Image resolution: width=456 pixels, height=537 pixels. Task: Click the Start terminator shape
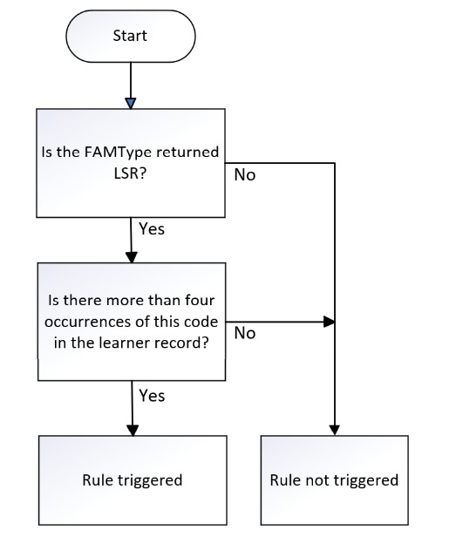131,36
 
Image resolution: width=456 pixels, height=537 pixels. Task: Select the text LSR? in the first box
130,173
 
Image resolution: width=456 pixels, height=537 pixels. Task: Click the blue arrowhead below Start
131,104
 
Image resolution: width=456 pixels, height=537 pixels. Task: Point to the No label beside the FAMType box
245,175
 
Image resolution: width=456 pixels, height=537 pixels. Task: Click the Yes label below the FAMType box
152,228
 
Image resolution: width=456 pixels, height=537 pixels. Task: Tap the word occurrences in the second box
87,322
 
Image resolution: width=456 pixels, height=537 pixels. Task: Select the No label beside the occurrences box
245,333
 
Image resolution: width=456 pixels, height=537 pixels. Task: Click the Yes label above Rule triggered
152,396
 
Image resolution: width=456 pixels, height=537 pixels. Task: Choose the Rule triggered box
133,479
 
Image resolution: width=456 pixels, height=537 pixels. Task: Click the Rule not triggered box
335,479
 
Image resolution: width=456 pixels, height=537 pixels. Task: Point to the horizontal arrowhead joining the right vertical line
329,322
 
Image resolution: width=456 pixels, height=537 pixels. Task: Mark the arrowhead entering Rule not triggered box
335,430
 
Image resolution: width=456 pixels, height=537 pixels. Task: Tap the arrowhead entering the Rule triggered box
133,430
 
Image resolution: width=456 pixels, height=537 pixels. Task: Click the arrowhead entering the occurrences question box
132,257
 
